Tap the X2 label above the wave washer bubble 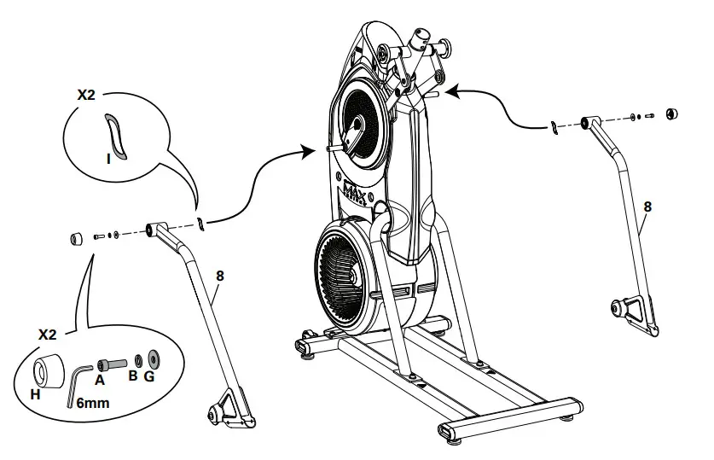pos(86,95)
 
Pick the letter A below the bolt pos(100,381)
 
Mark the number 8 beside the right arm pos(647,206)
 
